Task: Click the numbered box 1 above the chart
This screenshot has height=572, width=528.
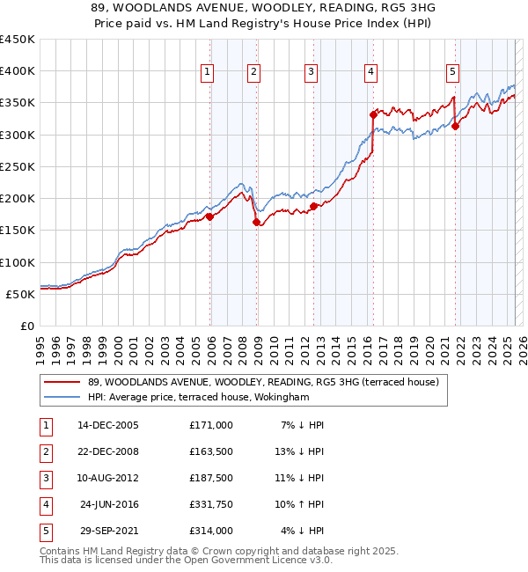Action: [207, 73]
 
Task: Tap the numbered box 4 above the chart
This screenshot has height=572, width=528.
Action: [371, 73]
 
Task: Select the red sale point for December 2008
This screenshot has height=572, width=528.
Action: [257, 223]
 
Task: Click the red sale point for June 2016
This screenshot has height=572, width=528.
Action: [373, 114]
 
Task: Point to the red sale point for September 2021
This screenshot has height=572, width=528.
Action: [455, 126]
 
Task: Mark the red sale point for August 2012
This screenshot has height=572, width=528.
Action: [313, 207]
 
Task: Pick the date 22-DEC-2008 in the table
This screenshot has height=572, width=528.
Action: [108, 451]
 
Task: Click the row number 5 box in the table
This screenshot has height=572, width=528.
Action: [44, 531]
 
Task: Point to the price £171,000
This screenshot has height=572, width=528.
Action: [211, 425]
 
